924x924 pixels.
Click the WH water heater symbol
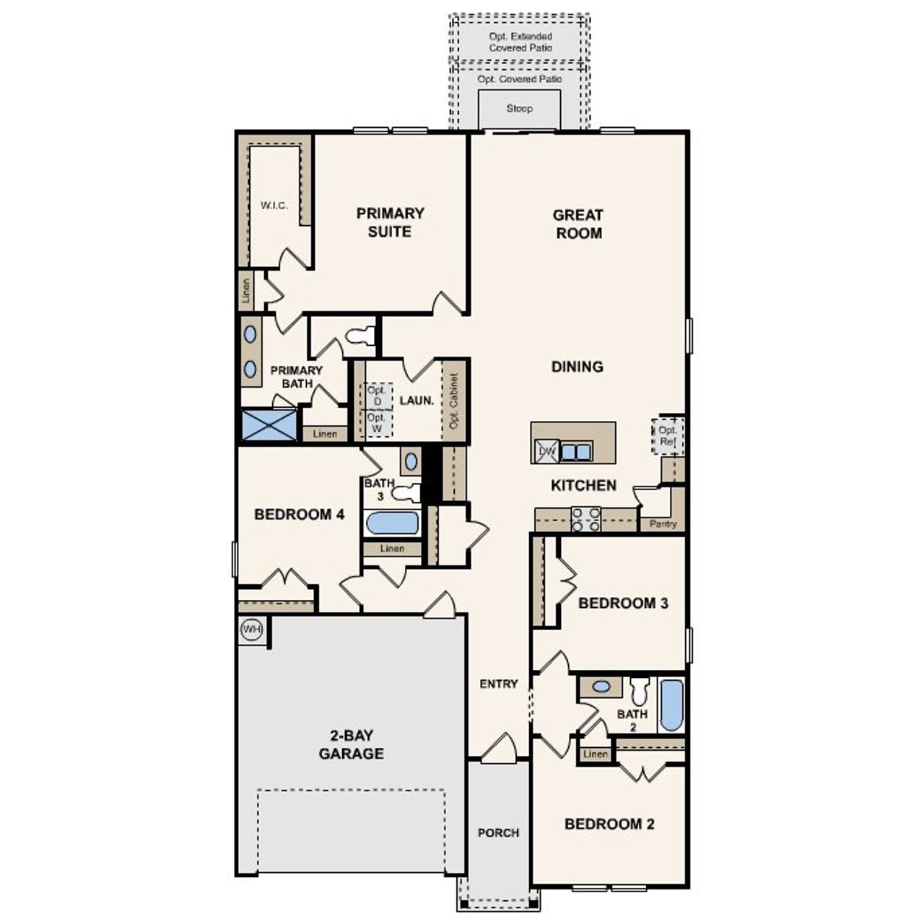click(x=251, y=629)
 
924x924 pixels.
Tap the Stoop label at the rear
click(x=519, y=108)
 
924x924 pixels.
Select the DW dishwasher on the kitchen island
click(x=546, y=452)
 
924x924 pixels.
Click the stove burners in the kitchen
click(x=585, y=519)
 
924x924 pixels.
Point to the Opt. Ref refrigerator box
click(x=668, y=436)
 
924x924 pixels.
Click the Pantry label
click(x=663, y=523)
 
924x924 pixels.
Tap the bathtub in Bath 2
click(x=671, y=705)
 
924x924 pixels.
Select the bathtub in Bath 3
click(x=392, y=523)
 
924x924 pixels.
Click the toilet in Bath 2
click(x=639, y=692)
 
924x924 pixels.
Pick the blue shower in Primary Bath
click(x=269, y=425)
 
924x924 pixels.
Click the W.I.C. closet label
click(x=274, y=205)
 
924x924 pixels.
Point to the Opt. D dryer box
click(x=377, y=396)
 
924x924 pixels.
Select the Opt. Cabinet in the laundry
click(x=454, y=401)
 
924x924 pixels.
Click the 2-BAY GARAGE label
click(x=352, y=745)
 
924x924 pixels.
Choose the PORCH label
click(x=498, y=832)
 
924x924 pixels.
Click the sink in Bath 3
click(x=411, y=461)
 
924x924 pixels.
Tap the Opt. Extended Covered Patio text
click(x=520, y=42)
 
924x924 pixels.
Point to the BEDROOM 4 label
click(x=299, y=515)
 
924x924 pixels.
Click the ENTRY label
click(x=499, y=684)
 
